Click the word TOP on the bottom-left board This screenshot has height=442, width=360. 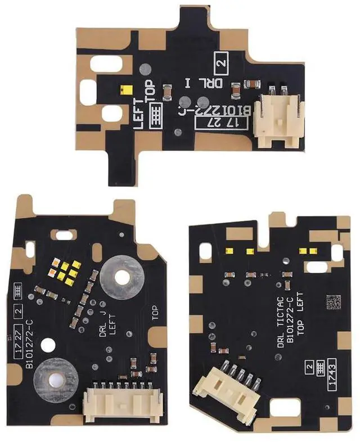(x=155, y=313)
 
